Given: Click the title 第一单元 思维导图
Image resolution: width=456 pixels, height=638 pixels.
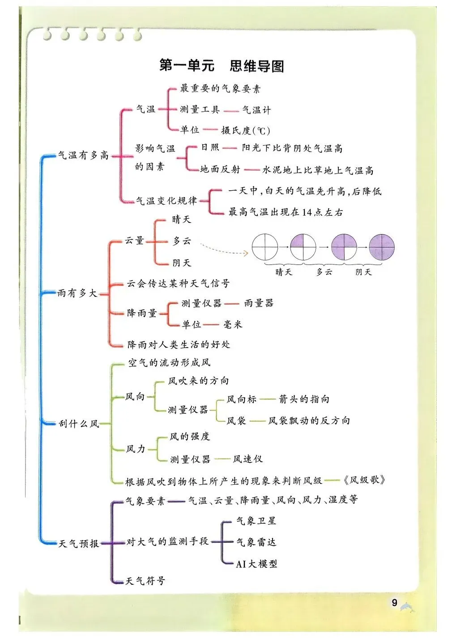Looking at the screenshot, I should pos(222,66).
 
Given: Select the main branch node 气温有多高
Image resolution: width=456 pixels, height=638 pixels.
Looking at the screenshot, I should pos(83,155).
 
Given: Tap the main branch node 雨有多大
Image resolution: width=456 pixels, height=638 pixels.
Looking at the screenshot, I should pos(77,294).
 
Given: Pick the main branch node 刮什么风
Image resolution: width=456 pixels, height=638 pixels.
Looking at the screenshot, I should pos(79,423).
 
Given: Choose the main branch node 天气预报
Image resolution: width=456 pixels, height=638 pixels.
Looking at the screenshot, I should pos(79,543).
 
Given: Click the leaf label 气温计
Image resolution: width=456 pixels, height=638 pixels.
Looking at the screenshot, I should pos(256,109).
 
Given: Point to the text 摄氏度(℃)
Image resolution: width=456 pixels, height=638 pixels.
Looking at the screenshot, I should pos(246,130).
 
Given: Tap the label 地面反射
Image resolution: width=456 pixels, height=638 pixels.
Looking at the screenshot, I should pos(220,169).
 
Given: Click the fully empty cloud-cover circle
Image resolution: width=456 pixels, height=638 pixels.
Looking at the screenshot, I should pos(264,247).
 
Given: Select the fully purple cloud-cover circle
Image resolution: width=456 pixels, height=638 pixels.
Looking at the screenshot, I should pos(382,247).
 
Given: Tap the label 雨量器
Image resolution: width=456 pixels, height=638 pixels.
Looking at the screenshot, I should pos(259,303).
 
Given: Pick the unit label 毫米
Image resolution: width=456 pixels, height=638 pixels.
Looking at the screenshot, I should pos(233,324).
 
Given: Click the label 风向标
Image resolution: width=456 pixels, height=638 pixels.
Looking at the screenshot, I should pos(242,399).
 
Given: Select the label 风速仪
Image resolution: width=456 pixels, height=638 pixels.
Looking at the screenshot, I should pos(247,459).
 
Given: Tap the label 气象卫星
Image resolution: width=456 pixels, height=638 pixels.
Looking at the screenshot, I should pos(256,520).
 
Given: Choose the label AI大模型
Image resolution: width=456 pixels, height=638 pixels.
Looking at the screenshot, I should pos(256,564).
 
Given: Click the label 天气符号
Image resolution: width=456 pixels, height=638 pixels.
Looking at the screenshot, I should pos(145,581).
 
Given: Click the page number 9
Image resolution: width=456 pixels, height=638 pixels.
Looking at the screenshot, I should pos(394,603).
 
